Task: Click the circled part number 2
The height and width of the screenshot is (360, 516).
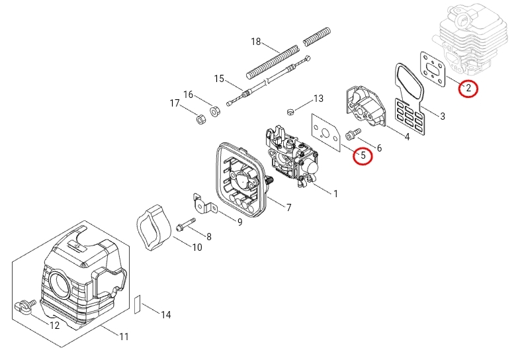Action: (468, 87)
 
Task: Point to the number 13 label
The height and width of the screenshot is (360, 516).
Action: (318, 99)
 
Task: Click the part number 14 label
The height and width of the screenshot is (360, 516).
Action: (166, 315)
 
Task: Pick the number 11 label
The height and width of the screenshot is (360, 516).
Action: (124, 337)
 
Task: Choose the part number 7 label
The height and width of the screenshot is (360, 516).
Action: (288, 208)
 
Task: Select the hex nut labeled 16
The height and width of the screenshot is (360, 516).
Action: (215, 111)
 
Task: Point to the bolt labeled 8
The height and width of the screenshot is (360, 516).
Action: (186, 225)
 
